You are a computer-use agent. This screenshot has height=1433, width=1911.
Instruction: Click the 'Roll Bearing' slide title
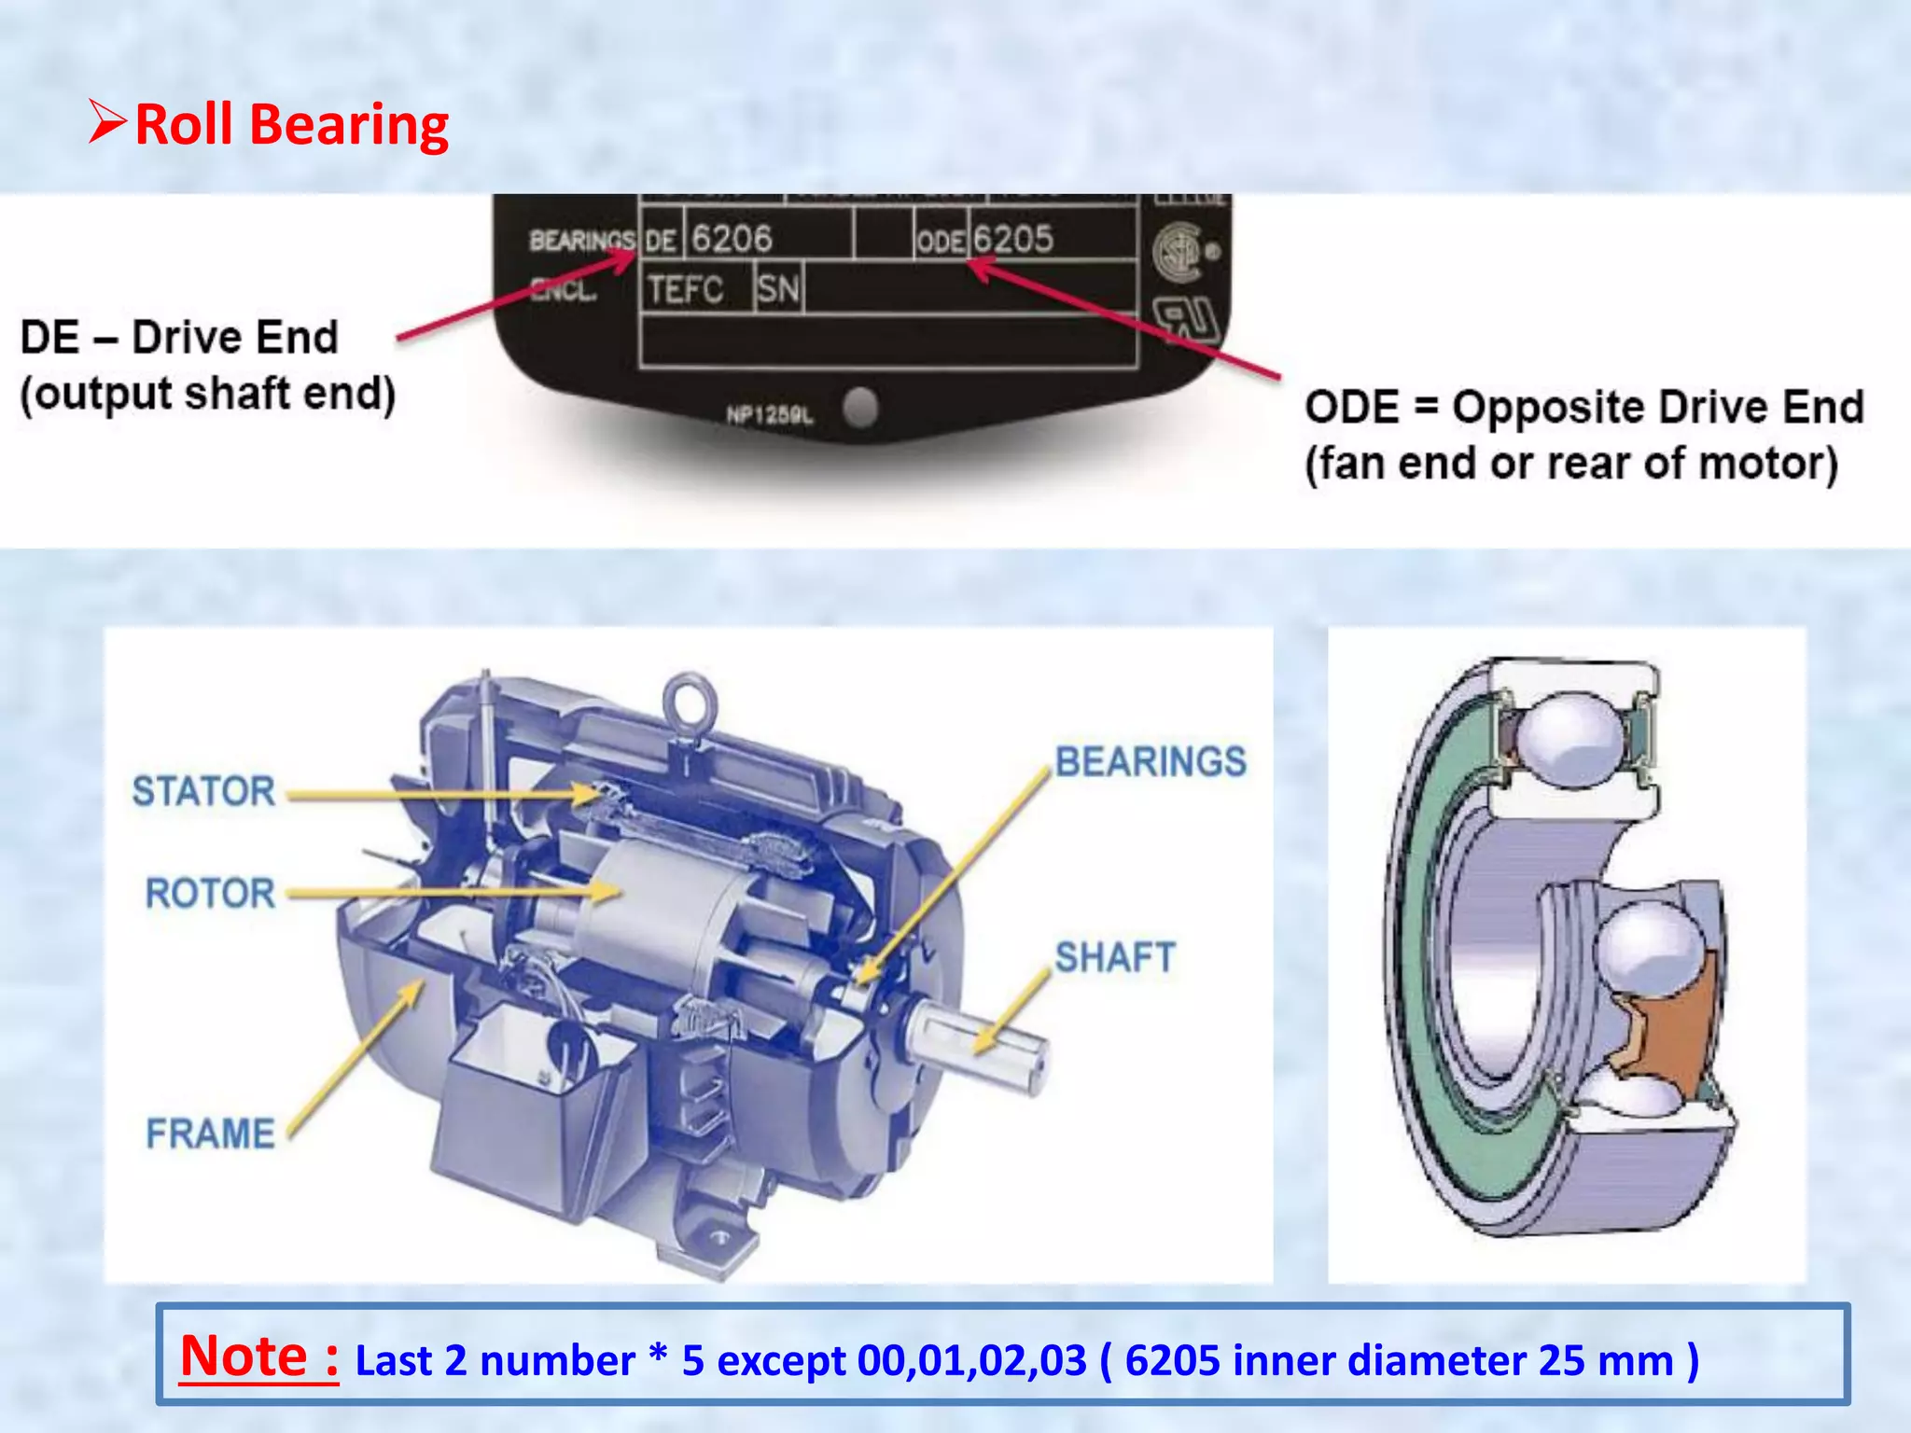click(291, 124)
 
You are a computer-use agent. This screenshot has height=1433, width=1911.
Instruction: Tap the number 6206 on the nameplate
click(732, 239)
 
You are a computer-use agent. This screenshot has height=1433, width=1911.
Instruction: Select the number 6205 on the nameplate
click(1013, 239)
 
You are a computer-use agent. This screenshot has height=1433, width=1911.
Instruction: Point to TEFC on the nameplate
click(686, 289)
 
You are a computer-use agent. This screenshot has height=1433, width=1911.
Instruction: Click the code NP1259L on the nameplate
click(770, 414)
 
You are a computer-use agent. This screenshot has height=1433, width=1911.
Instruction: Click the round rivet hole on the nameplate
click(859, 407)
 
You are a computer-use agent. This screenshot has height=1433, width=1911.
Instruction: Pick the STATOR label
click(203, 791)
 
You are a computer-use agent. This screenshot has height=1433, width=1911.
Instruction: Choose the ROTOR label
click(210, 893)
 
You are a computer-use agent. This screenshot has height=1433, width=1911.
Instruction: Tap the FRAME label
click(210, 1134)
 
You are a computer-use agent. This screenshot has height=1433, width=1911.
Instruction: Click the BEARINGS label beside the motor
click(1151, 761)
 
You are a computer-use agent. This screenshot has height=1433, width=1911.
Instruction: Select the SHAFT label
click(1115, 957)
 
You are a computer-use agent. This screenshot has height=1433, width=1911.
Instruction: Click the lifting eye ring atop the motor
click(689, 701)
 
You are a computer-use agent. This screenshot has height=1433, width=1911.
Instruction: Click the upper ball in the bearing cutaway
click(1571, 739)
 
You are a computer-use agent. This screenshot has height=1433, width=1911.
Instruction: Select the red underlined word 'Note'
click(244, 1356)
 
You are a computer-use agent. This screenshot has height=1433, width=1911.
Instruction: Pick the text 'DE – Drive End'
click(179, 337)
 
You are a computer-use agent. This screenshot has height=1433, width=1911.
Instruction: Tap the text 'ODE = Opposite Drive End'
click(1583, 407)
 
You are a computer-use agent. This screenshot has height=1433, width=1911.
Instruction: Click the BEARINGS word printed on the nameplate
click(580, 241)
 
